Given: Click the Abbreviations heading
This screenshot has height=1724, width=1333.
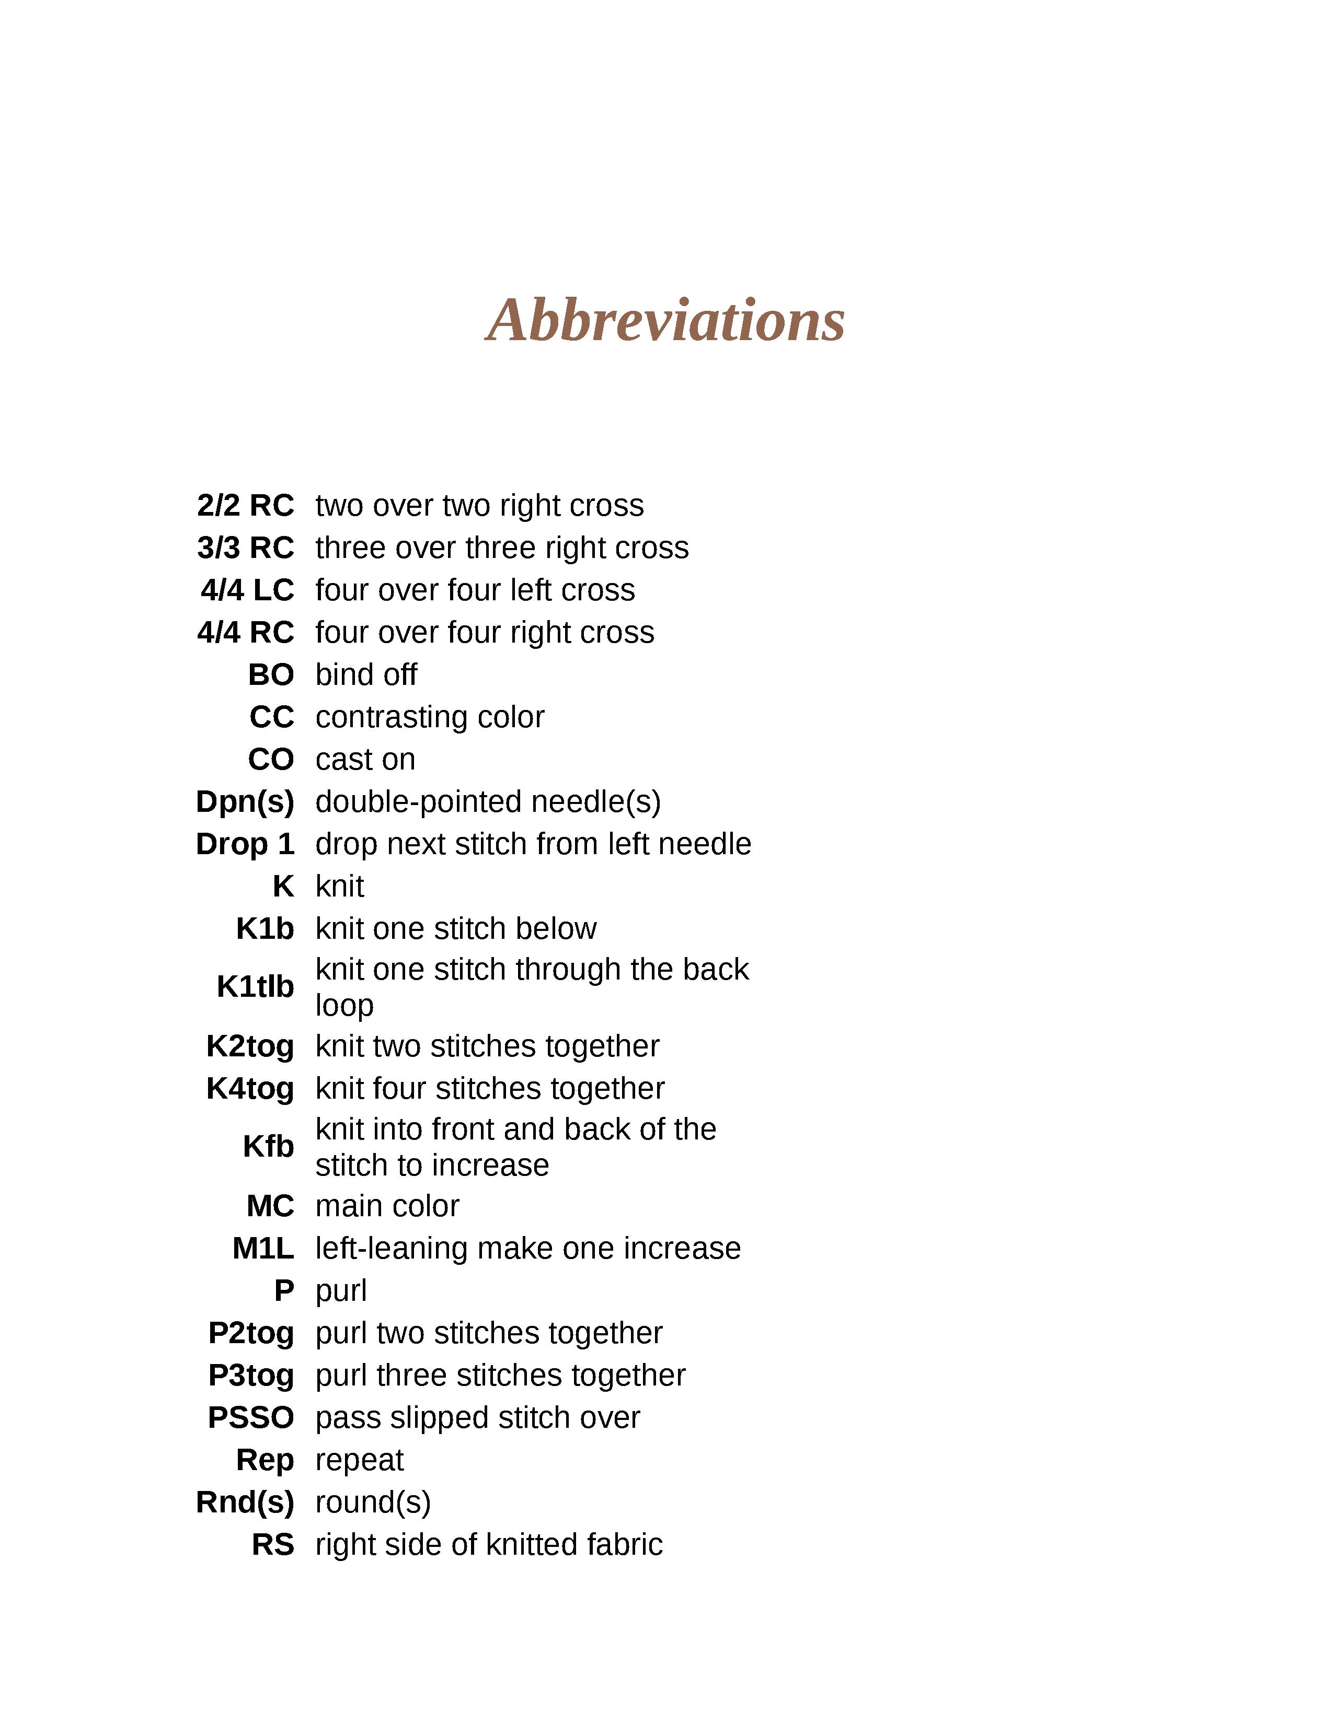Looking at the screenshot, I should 665,320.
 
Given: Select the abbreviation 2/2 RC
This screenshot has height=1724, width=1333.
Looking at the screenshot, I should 246,505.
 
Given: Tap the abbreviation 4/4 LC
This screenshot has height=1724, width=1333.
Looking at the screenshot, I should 247,590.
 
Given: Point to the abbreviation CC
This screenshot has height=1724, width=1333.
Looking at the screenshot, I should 272,717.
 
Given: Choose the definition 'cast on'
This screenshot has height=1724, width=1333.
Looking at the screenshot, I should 365,760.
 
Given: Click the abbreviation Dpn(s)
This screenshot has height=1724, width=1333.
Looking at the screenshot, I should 245,801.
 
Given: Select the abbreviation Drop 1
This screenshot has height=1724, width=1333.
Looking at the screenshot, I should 245,844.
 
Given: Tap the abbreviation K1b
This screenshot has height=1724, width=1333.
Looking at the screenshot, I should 265,928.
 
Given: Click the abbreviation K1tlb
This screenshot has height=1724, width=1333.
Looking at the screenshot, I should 255,987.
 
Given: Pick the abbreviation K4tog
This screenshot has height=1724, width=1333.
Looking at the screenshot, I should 249,1089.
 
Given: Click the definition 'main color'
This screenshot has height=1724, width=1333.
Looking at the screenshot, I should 387,1205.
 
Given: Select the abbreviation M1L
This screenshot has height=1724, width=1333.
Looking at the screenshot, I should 263,1248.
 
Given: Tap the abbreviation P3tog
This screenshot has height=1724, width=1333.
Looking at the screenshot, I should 250,1375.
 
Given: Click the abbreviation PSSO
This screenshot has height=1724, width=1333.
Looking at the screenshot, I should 250,1418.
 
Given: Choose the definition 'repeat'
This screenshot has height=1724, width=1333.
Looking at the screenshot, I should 359,1460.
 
